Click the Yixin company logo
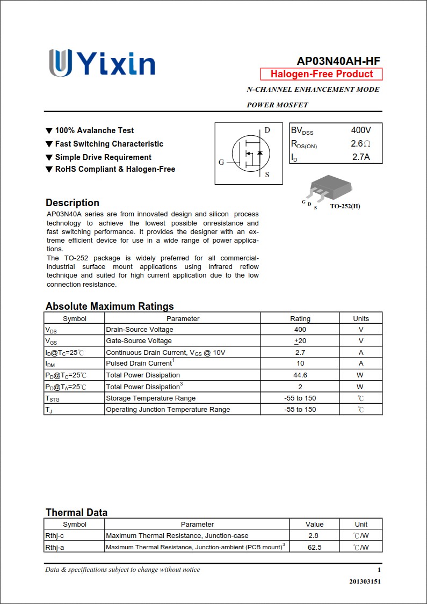pos(102,63)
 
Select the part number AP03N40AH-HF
pos(338,61)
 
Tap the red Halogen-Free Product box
pos(321,74)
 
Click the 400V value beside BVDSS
pos(361,130)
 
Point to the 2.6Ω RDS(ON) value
pos(360,144)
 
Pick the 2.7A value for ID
pos(361,157)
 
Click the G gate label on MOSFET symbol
pos(221,162)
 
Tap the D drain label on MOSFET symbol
pos(267,130)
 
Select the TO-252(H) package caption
pos(345,206)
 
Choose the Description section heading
pos(73,203)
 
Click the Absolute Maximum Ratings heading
pos(110,307)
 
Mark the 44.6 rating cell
pos(300,375)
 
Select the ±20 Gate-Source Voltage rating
pos(300,341)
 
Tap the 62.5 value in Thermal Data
pos(315,547)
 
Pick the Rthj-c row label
pos(55,536)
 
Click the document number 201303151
pos(365,581)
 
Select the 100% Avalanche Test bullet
pos(94,130)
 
